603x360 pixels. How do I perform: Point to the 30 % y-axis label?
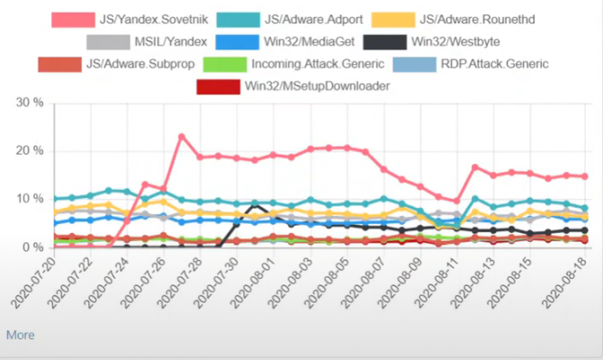tap(31, 103)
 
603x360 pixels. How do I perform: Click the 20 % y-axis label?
tap(31, 150)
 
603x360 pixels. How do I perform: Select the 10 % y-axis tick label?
tap(31, 198)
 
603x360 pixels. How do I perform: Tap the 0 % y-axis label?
tap(34, 247)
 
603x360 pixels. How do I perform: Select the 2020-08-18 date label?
tap(567, 279)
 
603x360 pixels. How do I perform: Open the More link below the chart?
tap(20, 335)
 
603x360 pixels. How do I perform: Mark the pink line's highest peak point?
tap(182, 137)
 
